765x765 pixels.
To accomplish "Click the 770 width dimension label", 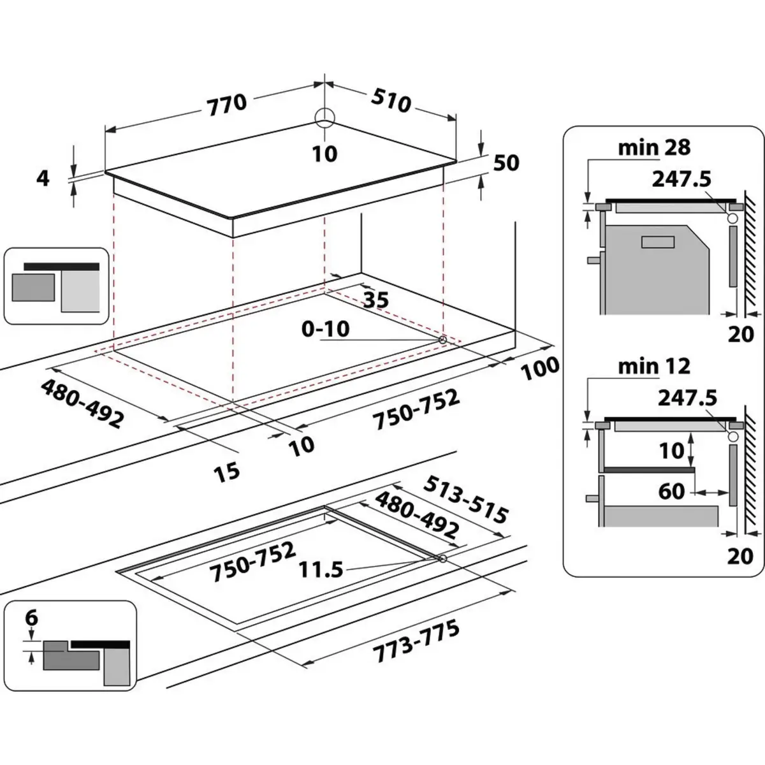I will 226,104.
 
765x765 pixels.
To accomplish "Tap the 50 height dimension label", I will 506,163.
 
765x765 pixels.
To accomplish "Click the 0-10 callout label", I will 326,329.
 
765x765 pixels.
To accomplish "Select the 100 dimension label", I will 541,368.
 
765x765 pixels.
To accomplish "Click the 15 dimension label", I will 227,471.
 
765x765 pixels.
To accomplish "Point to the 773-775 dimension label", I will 417,642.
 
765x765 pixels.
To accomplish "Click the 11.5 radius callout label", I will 321,569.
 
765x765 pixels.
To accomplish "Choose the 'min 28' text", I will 653,148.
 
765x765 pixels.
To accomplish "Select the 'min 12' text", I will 653,367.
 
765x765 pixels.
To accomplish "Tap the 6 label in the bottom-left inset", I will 31,618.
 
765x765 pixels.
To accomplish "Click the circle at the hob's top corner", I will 324,116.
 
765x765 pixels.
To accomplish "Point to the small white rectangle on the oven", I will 658,242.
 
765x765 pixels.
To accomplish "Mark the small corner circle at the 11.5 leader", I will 442,559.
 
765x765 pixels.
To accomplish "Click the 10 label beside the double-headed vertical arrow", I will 671,451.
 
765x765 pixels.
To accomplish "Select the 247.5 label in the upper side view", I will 681,179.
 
